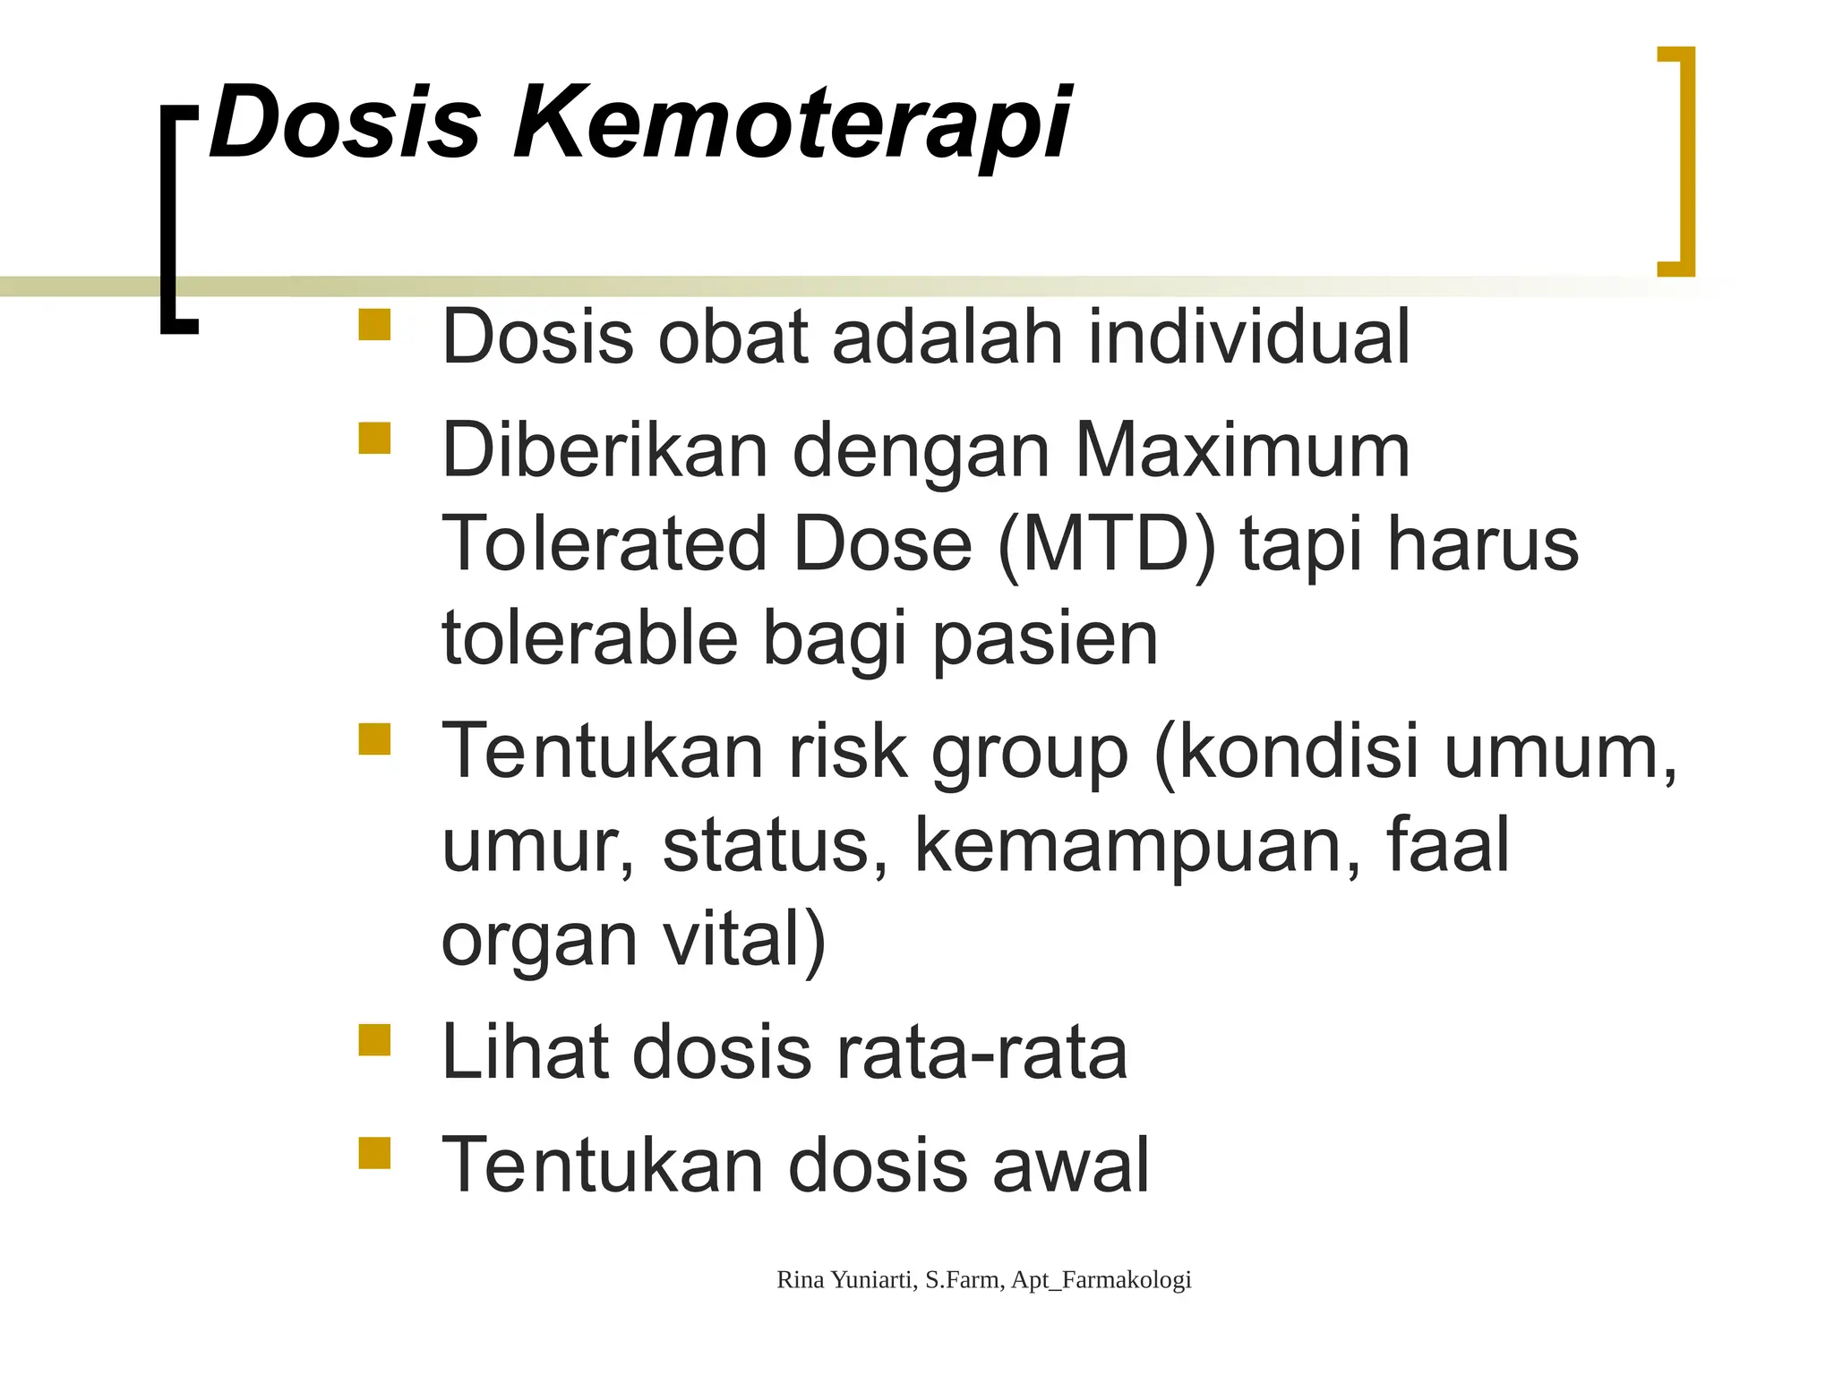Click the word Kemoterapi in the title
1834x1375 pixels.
tap(792, 124)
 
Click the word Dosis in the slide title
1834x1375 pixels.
tap(346, 124)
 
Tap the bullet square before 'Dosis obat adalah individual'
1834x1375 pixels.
tap(374, 325)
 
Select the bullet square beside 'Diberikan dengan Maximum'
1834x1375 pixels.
tap(374, 439)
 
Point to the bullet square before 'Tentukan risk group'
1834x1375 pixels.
tap(374, 739)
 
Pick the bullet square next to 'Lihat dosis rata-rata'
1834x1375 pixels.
tap(374, 1040)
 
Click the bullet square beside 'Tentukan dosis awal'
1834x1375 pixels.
tap(374, 1153)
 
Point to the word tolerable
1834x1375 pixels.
tap(590, 638)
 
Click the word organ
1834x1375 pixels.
tap(539, 942)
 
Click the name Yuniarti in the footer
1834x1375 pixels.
tap(872, 1280)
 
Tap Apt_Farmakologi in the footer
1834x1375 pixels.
tap(1101, 1280)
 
